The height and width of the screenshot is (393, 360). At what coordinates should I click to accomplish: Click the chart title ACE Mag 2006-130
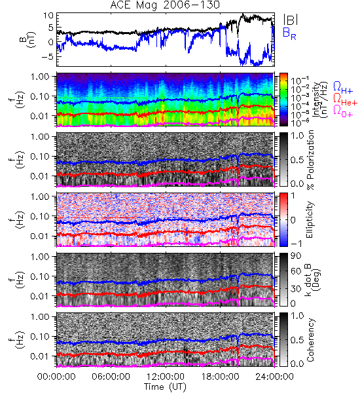pos(165,5)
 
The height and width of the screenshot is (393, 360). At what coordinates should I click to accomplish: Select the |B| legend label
pos(291,20)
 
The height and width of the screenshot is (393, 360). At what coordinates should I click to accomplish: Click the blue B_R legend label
pos(289,33)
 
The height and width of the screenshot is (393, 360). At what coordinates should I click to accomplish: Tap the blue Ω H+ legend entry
pos(343,88)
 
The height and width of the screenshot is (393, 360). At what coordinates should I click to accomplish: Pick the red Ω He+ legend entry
pos(345,99)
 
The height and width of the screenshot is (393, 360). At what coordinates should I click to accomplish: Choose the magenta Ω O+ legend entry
pos(343,111)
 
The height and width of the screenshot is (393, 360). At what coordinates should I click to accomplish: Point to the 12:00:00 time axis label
pos(166,377)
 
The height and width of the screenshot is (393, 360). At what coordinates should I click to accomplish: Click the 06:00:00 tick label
pos(111,377)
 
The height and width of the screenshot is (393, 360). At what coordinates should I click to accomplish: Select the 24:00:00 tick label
pos(274,377)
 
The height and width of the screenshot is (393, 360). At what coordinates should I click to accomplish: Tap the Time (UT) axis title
pos(166,387)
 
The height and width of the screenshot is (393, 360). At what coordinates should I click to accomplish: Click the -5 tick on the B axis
pos(48,56)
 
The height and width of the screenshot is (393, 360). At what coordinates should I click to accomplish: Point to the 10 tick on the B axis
pos(48,16)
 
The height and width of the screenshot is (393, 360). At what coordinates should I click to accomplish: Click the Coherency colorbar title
pos(310,340)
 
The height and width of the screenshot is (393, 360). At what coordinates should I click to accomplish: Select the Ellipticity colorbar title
pos(310,219)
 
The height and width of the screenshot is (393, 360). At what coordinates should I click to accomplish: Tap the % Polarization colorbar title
pos(310,160)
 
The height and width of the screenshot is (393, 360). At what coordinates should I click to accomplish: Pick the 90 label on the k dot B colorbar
pos(296,256)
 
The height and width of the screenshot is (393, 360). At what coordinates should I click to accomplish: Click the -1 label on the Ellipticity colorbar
pos(296,244)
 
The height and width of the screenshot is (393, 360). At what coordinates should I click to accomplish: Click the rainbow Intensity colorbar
pos(283,100)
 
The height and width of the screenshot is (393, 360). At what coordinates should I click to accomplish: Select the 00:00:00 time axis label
pos(56,377)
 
